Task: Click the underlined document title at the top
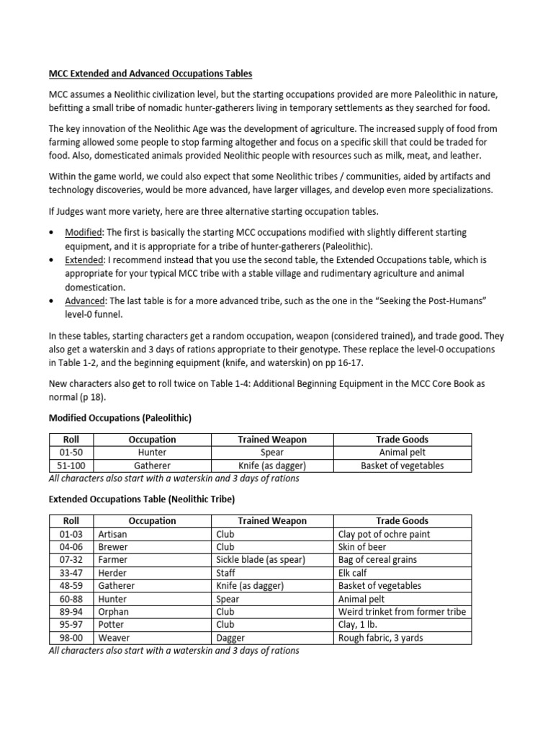[150, 74]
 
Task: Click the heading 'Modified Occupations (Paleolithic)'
[120, 418]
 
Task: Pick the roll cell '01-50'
[71, 453]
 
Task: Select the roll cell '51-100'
[71, 466]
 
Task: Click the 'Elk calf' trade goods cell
[356, 573]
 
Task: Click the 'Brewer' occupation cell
[112, 547]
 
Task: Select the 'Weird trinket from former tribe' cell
[402, 612]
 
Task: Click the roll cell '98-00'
[71, 638]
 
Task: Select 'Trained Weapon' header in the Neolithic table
[272, 521]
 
